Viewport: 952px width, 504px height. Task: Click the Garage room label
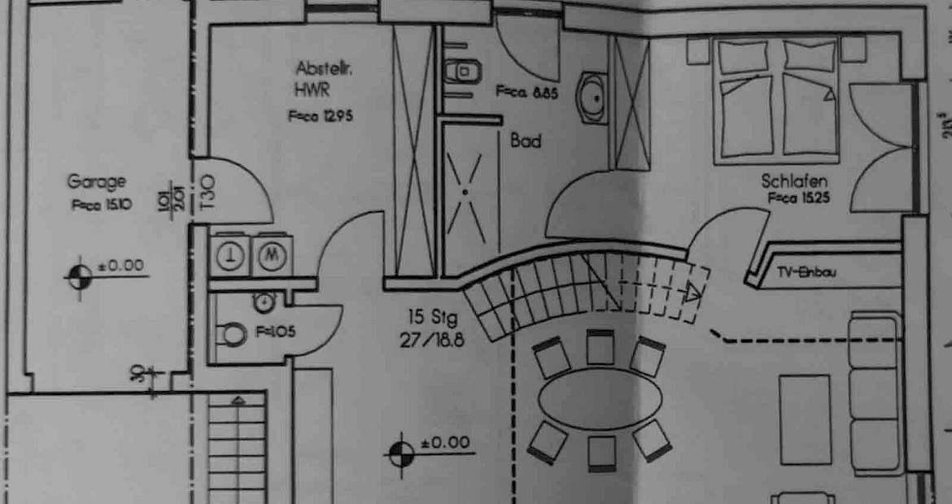(x=96, y=182)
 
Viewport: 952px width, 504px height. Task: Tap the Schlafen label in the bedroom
(x=788, y=180)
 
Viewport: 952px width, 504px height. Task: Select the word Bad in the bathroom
(x=526, y=141)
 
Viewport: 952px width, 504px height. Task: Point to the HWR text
(x=313, y=87)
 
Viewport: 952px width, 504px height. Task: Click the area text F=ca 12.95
(x=320, y=115)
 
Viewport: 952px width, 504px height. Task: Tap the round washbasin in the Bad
(x=593, y=97)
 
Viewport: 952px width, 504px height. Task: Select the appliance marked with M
(x=273, y=254)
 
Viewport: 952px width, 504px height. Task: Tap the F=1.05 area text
(x=275, y=332)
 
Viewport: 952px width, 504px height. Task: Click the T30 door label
(x=206, y=193)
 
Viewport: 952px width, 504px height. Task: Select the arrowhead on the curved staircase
(x=692, y=294)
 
